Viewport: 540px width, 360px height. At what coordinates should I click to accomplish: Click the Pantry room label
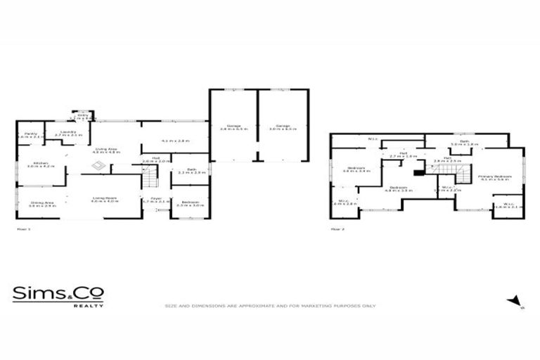(x=30, y=133)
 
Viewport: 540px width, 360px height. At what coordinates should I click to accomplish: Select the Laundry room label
(x=68, y=131)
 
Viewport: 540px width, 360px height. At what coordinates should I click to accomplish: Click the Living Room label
(x=103, y=199)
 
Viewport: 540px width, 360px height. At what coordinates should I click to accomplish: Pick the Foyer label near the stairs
(x=156, y=199)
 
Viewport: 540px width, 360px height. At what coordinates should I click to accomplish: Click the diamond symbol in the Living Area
(x=100, y=166)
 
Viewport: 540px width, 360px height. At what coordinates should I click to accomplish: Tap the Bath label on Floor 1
(x=190, y=169)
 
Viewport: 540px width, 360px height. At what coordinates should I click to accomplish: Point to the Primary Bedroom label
(x=494, y=176)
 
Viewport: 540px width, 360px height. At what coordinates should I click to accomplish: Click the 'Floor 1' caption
(x=24, y=229)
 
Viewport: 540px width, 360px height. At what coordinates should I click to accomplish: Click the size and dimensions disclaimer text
(x=270, y=306)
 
